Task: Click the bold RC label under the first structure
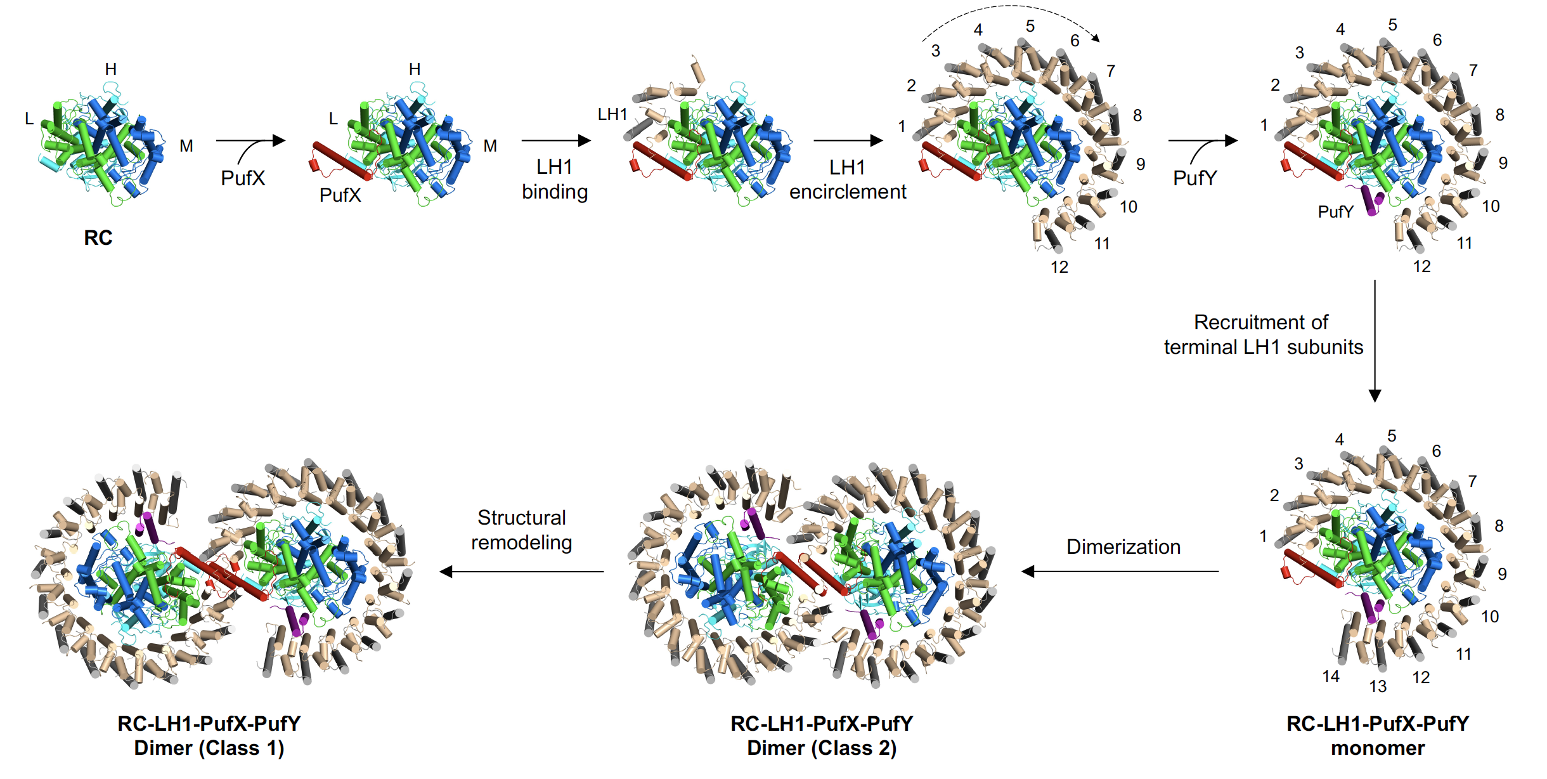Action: point(98,237)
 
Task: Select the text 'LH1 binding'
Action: point(555,180)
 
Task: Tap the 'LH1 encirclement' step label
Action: point(848,180)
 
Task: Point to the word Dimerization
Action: point(1123,547)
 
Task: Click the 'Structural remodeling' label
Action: point(522,530)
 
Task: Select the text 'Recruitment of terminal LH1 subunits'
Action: point(1263,335)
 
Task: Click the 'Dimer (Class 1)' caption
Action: point(209,748)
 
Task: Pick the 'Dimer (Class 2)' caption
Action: point(822,748)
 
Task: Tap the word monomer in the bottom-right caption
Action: point(1378,748)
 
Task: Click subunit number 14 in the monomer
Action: point(1331,676)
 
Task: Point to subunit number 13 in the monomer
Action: point(1378,686)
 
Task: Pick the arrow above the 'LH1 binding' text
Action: point(555,140)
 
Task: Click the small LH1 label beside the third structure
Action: point(612,114)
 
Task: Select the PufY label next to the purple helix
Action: point(1335,212)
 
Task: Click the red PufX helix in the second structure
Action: point(341,160)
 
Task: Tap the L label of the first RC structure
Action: point(29,119)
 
